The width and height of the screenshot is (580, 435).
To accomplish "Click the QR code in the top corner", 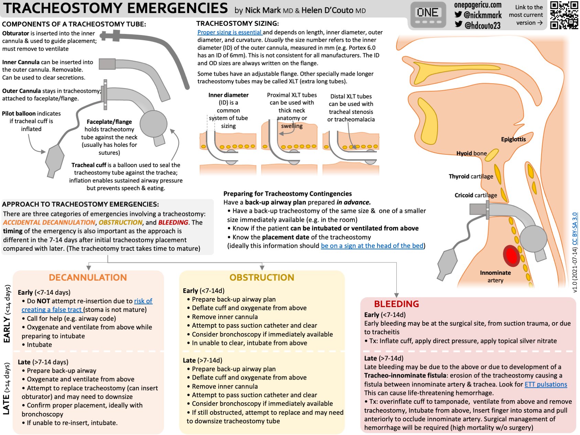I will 564,15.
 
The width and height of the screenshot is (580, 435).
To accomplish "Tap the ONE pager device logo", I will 428,15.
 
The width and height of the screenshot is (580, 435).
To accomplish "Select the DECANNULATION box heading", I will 88,278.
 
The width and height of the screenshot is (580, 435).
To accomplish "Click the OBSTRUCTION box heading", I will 262,278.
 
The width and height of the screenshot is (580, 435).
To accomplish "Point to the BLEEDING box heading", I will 396,304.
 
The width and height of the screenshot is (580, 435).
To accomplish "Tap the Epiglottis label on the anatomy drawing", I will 513,139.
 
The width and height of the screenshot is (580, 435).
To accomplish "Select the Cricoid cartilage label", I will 475,195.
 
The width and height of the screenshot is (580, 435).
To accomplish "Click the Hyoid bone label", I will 471,153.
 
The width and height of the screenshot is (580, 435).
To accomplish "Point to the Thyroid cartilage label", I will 471,176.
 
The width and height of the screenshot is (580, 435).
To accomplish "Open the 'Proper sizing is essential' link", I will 230,32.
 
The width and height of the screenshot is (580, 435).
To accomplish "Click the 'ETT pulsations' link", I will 546,384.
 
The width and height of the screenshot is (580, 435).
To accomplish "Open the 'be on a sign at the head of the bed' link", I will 372,246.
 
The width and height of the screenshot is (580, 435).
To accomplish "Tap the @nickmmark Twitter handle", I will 482,15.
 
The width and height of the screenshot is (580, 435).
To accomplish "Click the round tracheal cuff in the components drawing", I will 153,124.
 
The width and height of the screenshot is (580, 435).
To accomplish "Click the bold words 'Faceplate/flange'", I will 109,122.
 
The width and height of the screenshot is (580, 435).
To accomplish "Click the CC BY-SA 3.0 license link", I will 574,229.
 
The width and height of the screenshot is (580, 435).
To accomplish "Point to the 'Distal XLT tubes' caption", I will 351,97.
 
